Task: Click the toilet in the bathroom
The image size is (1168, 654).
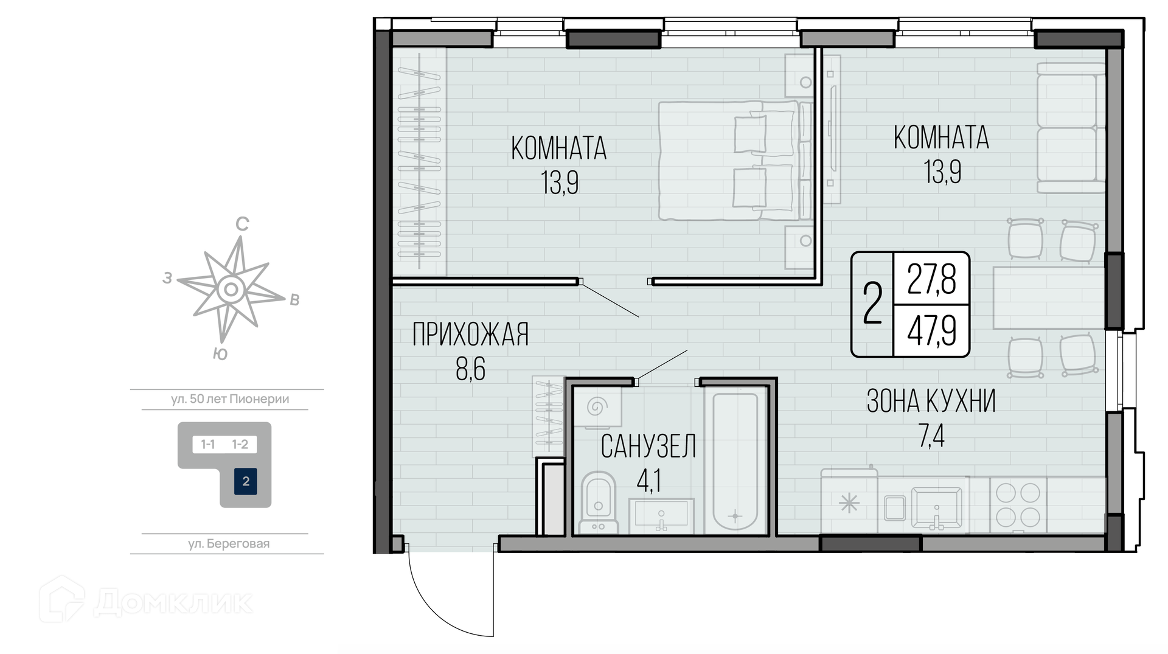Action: tap(599, 503)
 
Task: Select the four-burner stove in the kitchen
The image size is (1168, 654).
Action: tap(1018, 504)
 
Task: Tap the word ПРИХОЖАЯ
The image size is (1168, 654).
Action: tap(470, 335)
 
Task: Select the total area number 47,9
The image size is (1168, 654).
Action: tap(931, 331)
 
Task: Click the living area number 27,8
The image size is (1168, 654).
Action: tap(931, 279)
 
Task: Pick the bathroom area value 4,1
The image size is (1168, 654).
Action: tap(648, 481)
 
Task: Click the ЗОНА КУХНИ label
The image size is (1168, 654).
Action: tap(931, 401)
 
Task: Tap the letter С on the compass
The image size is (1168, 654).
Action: tap(242, 224)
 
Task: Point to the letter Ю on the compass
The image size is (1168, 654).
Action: tap(220, 354)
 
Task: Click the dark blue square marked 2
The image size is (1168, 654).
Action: tap(246, 481)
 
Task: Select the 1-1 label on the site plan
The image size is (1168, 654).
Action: tap(208, 445)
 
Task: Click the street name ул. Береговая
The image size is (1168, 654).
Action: tap(229, 544)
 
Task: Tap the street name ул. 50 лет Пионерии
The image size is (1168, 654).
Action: tap(230, 399)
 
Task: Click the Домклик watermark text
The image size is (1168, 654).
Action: tap(173, 602)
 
